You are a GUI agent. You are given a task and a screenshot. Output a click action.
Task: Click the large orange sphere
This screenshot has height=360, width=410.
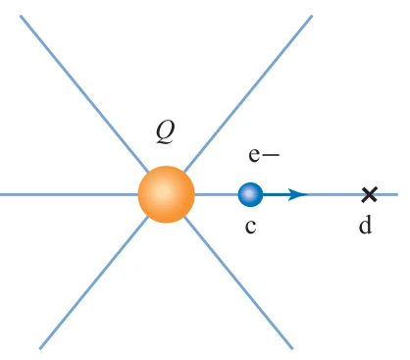click(167, 194)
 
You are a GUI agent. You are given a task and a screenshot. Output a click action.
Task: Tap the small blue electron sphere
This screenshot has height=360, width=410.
click(250, 194)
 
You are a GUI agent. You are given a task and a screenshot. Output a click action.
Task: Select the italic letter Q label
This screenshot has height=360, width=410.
click(166, 131)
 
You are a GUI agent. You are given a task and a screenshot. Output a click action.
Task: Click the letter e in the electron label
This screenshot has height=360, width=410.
click(255, 155)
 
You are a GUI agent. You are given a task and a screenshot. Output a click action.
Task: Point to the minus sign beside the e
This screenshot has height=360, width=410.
click(271, 155)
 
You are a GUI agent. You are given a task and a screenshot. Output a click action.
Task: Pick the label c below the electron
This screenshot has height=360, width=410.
click(250, 226)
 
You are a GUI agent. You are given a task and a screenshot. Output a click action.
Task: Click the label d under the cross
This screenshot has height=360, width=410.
click(365, 225)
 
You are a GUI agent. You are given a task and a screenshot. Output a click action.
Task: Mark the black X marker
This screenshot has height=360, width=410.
click(370, 194)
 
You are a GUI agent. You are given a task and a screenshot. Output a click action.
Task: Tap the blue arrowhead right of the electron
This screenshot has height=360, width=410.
click(298, 194)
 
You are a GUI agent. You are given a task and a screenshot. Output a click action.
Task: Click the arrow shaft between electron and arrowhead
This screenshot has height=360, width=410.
click(276, 194)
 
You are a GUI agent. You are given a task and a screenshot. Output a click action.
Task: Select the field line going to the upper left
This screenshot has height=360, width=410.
click(84, 93)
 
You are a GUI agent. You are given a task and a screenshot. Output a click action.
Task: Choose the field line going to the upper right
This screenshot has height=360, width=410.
click(248, 93)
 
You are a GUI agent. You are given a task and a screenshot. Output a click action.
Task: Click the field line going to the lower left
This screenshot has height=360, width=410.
click(94, 283)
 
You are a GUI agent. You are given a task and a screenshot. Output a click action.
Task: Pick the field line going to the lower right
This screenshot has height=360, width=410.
click(238, 283)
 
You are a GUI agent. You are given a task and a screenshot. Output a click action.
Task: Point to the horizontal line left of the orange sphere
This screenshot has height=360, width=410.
click(69, 194)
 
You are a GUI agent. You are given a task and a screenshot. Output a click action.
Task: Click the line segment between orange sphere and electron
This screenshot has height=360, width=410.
click(217, 194)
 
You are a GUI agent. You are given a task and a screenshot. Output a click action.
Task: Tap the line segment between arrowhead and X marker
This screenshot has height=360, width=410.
click(335, 194)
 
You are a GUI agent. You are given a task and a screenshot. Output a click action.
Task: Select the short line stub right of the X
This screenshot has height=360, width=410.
click(387, 194)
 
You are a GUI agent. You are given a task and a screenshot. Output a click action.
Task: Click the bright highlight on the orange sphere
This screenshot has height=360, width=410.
click(163, 192)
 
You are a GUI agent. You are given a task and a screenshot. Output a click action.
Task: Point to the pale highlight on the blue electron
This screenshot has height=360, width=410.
click(249, 193)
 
